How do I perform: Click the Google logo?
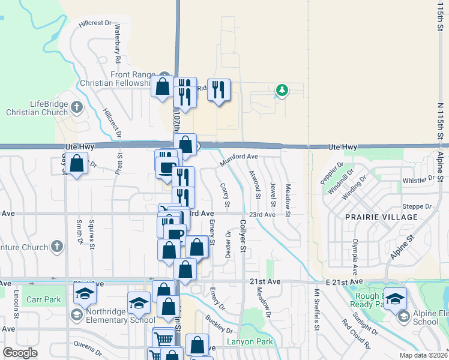(x=20, y=353)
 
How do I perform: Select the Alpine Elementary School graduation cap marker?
(x=396, y=298)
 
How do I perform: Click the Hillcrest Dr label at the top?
(x=95, y=23)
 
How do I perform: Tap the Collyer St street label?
(x=243, y=235)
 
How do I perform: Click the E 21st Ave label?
(x=345, y=281)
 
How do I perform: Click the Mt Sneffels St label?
(x=316, y=310)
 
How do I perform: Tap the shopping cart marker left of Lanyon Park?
(x=164, y=337)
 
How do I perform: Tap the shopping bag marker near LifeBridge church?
(x=77, y=164)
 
